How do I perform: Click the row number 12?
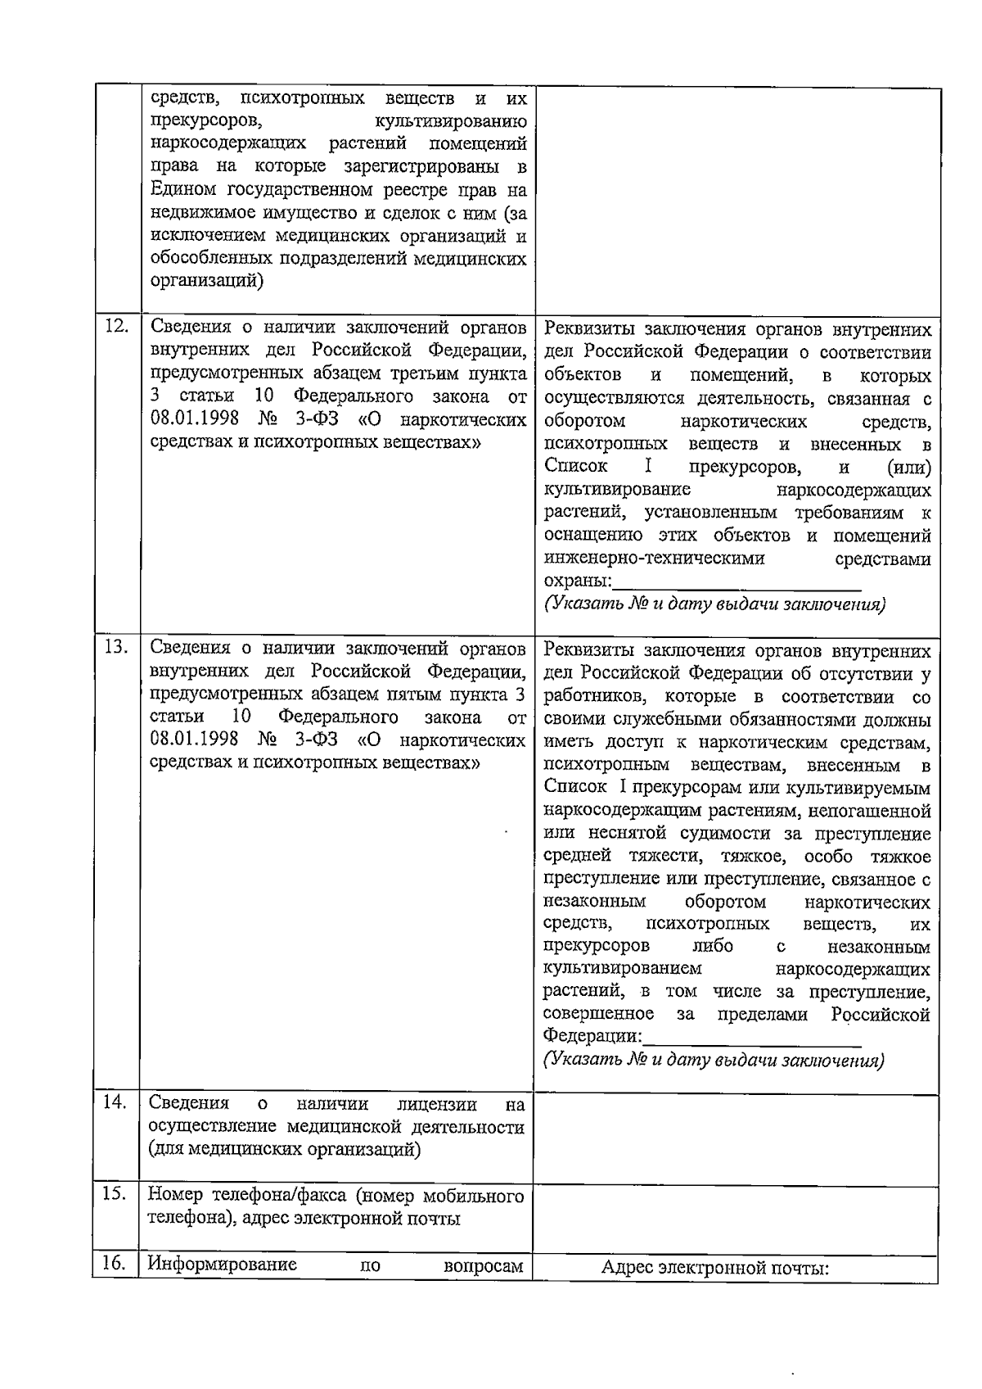(117, 326)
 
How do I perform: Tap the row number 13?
(117, 647)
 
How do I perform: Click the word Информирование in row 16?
(222, 1287)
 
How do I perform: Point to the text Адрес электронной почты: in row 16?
(715, 1292)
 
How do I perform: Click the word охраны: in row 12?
(578, 581)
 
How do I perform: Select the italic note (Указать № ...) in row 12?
(714, 605)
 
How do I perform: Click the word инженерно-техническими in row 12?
(655, 559)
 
